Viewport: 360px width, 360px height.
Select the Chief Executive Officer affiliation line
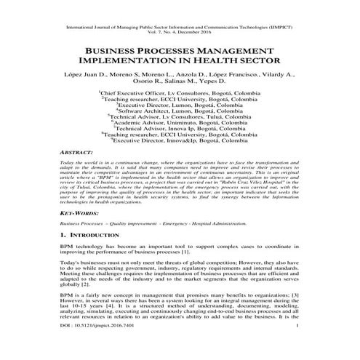(x=180, y=94)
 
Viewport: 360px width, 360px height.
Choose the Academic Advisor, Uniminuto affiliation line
(x=180, y=122)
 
